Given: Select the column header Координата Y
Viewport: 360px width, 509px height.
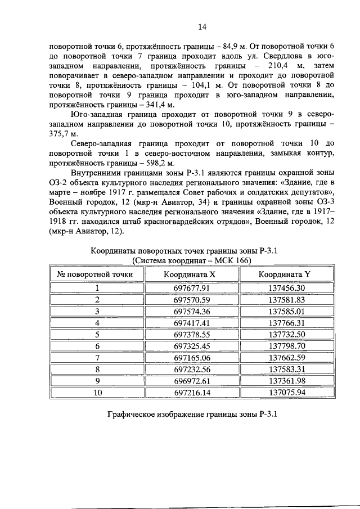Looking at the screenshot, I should (286, 274).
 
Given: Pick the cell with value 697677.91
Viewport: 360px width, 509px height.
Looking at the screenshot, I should (192, 288).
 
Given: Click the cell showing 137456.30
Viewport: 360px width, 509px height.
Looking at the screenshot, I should (286, 288).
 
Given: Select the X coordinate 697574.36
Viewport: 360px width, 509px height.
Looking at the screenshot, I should (192, 311).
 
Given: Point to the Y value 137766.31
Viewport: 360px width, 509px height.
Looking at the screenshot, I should (286, 323).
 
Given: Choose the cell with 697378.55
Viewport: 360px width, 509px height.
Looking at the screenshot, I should (192, 334).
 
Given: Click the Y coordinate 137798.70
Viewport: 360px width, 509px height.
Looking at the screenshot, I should (286, 346).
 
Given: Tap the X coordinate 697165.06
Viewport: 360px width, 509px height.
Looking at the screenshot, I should (192, 358).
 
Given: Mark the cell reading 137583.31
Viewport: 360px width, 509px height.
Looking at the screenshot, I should (286, 370).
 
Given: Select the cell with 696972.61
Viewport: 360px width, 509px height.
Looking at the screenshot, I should (192, 381).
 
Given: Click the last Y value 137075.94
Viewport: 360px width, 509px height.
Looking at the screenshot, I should (286, 393).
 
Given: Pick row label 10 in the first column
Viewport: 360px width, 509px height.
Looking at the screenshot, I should (97, 393).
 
